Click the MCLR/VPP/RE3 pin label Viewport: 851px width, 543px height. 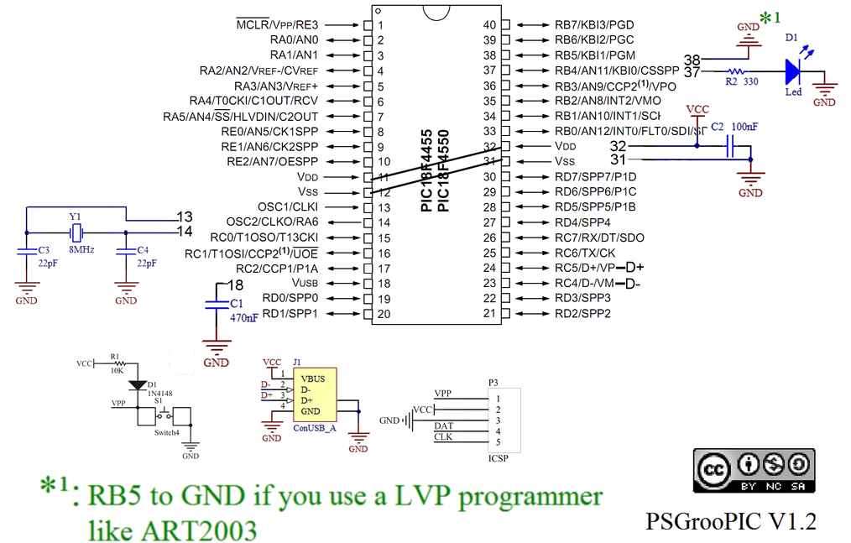(278, 24)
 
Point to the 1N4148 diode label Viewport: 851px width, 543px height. (159, 393)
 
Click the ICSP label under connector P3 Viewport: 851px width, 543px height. (499, 459)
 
